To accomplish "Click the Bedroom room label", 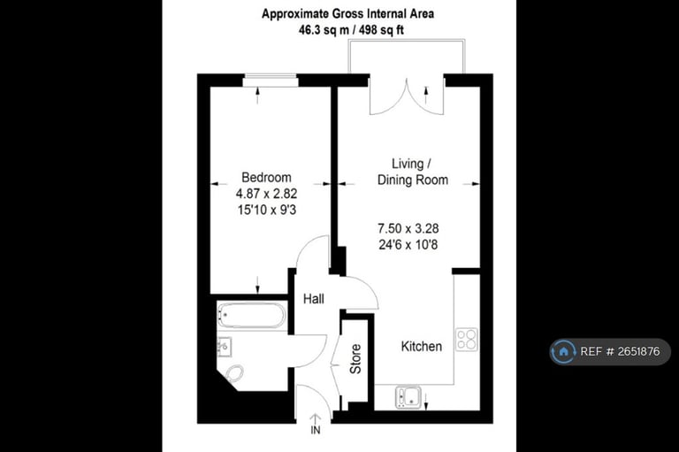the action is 266,177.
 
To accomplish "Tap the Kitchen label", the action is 422,346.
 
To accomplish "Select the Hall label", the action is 314,299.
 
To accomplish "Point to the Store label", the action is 355,359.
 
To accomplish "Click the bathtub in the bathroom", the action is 252,315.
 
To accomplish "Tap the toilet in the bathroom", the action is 233,373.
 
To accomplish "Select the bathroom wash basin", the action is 225,347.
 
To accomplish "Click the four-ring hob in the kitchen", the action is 467,340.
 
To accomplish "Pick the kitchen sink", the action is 408,398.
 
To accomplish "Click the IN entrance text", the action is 316,430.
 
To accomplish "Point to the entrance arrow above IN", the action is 316,418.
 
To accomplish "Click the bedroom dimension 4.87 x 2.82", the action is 266,194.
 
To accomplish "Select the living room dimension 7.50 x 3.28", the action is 408,228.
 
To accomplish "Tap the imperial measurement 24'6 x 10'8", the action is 408,245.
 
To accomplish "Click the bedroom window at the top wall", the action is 271,80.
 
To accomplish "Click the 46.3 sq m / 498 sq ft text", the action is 351,30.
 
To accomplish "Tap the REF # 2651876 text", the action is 620,351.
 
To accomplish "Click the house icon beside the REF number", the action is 563,351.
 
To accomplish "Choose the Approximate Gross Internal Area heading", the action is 347,14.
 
